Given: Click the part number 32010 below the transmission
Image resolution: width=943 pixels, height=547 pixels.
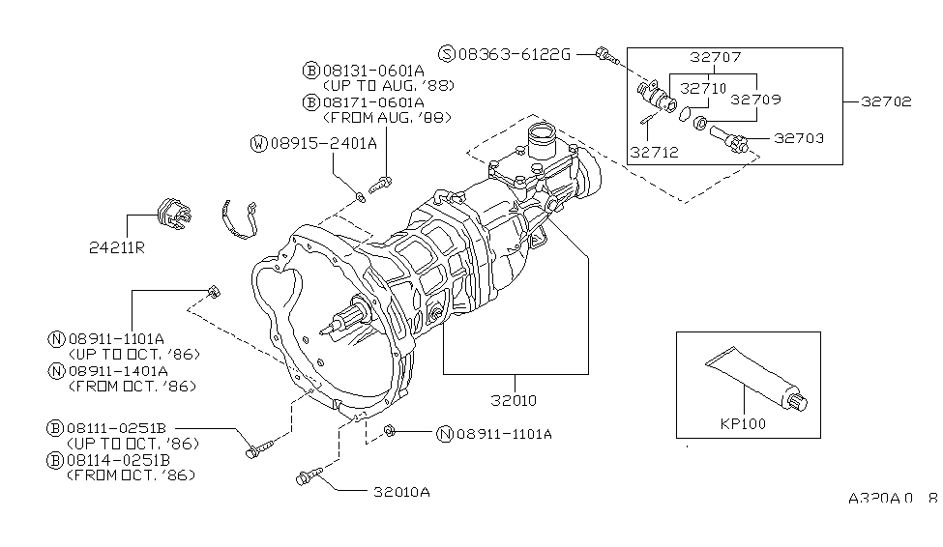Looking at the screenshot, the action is pyautogui.click(x=514, y=400).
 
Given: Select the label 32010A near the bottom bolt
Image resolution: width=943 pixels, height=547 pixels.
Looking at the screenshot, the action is pyautogui.click(x=401, y=492).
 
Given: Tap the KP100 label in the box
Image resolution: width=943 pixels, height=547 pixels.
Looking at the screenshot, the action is pyautogui.click(x=744, y=423).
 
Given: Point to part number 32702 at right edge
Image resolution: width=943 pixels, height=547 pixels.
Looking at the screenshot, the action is pyautogui.click(x=887, y=101).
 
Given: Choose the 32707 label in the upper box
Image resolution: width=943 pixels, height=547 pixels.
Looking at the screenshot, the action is pyautogui.click(x=716, y=57).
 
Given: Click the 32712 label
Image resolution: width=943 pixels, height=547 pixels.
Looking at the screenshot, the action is pyautogui.click(x=655, y=153).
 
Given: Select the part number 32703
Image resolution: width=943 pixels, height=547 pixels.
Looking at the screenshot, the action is pyautogui.click(x=799, y=138).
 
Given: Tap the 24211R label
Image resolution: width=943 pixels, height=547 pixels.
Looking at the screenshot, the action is pyautogui.click(x=117, y=247).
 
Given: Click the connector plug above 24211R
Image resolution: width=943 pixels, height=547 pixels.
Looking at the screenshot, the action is pyautogui.click(x=174, y=214).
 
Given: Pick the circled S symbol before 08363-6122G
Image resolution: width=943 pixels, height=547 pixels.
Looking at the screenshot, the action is pyautogui.click(x=447, y=54).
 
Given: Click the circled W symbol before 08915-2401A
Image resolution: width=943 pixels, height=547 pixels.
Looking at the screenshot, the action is pyautogui.click(x=258, y=144).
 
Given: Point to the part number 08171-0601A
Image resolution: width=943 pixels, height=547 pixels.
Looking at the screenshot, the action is pyautogui.click(x=373, y=102).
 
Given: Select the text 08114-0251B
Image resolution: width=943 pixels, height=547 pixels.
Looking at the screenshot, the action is pyautogui.click(x=118, y=460).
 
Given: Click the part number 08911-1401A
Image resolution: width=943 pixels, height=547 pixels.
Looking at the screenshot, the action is pyautogui.click(x=118, y=371).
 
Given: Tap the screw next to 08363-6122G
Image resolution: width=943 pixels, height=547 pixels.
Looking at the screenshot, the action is pyautogui.click(x=606, y=56).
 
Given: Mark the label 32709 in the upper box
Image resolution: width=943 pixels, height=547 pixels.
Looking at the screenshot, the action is pyautogui.click(x=756, y=100).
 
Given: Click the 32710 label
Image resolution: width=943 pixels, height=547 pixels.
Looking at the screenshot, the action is pyautogui.click(x=704, y=88).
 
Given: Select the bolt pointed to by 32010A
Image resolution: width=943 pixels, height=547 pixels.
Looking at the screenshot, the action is pyautogui.click(x=309, y=476).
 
